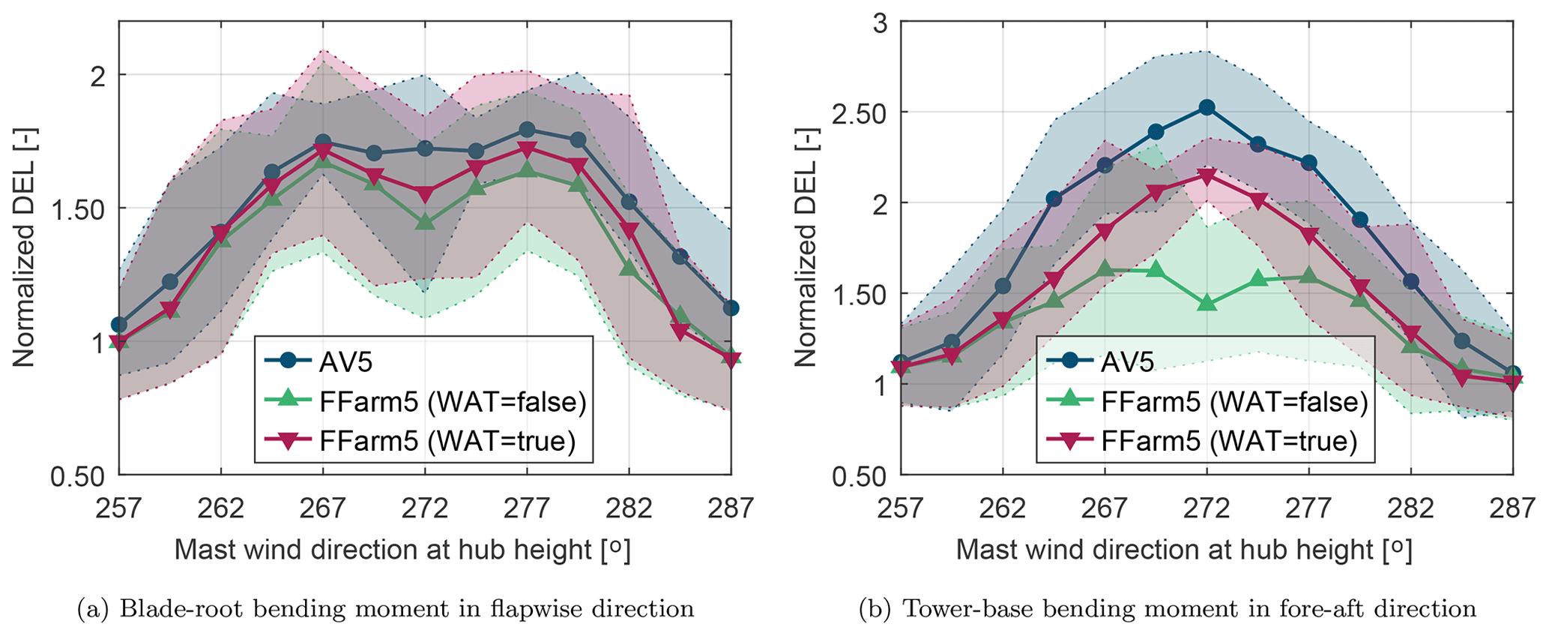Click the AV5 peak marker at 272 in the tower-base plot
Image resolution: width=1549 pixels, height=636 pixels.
(1207, 108)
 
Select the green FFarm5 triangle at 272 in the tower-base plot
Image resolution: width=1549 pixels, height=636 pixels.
(1207, 302)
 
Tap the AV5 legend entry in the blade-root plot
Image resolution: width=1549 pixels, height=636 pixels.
(345, 362)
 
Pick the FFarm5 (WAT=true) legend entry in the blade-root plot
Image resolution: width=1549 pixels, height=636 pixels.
(447, 441)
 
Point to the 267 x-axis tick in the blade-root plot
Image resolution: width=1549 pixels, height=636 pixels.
(323, 508)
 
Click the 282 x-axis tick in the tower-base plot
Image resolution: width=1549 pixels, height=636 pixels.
(1410, 508)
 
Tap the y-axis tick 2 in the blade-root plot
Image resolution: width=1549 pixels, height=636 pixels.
(97, 75)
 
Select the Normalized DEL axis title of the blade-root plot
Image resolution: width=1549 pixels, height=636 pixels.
(24, 247)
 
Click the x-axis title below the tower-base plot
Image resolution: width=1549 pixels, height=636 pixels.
(1184, 550)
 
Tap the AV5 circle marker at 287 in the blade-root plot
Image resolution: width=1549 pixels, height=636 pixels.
(731, 307)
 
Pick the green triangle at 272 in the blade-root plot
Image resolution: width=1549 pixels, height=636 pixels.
(425, 222)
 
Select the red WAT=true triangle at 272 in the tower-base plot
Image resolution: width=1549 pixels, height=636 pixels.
(1207, 176)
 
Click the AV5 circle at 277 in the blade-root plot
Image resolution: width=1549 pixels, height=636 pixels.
(527, 130)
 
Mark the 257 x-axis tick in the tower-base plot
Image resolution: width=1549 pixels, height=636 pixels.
(901, 508)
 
